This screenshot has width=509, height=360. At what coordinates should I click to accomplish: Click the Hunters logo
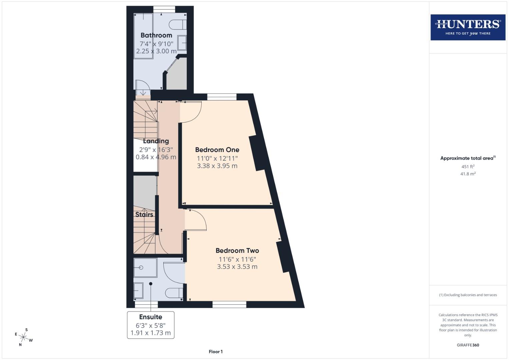click(468, 27)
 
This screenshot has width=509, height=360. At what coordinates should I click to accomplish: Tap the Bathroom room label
click(156, 35)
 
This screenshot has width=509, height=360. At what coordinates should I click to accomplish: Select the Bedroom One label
click(217, 150)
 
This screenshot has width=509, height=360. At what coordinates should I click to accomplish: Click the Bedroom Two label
click(237, 251)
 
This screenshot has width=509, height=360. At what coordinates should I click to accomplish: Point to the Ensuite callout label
click(151, 317)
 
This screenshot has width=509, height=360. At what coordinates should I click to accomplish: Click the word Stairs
click(144, 215)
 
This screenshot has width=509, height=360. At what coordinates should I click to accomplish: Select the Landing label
click(156, 141)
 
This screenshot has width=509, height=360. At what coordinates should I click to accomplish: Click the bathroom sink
click(182, 43)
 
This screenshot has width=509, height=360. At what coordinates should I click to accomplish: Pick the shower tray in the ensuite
click(145, 267)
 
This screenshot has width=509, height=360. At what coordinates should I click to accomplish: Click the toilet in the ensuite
click(174, 292)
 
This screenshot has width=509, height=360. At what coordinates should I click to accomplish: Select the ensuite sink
click(138, 290)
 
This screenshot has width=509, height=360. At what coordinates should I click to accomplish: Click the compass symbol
click(23, 337)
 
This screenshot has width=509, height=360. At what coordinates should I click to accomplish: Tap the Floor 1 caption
click(216, 352)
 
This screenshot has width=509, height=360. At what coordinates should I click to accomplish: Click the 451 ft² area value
click(468, 167)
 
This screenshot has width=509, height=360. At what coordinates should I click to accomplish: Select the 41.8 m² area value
click(468, 174)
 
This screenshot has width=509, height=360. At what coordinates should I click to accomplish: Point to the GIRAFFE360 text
click(468, 345)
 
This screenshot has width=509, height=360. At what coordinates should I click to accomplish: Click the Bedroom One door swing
click(191, 111)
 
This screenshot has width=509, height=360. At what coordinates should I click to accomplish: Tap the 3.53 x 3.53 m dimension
click(237, 267)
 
